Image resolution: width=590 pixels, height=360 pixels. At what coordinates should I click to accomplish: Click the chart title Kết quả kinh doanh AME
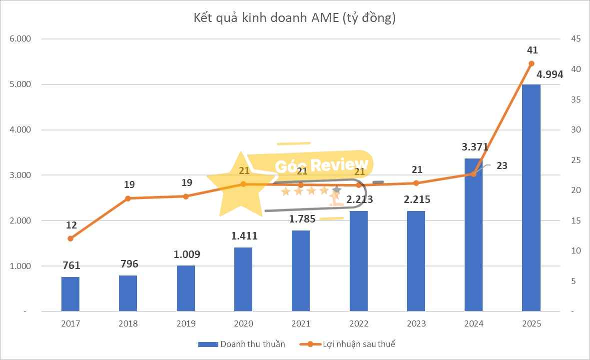coord(295,18)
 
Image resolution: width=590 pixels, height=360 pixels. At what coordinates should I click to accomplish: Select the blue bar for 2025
coord(531,197)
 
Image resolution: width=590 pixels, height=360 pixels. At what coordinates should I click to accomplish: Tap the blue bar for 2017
coord(70,294)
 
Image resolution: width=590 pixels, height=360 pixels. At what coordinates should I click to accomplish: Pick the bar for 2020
coord(243,279)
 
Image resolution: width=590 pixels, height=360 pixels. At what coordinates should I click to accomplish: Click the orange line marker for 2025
coord(532,63)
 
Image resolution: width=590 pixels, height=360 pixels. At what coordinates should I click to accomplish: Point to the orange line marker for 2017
coord(70,238)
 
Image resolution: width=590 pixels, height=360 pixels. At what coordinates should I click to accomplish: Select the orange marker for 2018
coord(128,198)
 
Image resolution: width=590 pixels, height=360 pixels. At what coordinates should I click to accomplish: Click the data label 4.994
coord(550,75)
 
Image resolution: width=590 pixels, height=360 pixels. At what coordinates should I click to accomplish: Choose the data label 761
coord(70,265)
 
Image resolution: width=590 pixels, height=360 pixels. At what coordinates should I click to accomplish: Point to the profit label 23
coord(502,165)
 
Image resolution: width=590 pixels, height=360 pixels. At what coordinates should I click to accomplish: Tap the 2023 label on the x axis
coord(416,324)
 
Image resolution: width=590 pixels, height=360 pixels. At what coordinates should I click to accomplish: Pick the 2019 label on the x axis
coord(186,324)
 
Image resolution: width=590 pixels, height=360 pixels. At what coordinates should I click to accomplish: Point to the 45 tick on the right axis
coord(570,39)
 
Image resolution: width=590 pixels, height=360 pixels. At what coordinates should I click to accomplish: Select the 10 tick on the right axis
coord(570,251)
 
